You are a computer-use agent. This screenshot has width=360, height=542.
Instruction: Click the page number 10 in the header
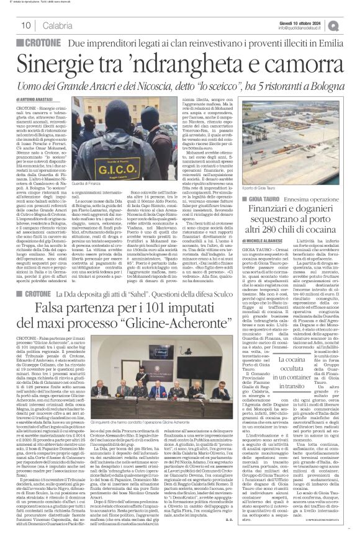pos(27,25)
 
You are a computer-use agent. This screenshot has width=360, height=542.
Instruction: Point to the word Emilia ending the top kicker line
pos(330,43)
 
